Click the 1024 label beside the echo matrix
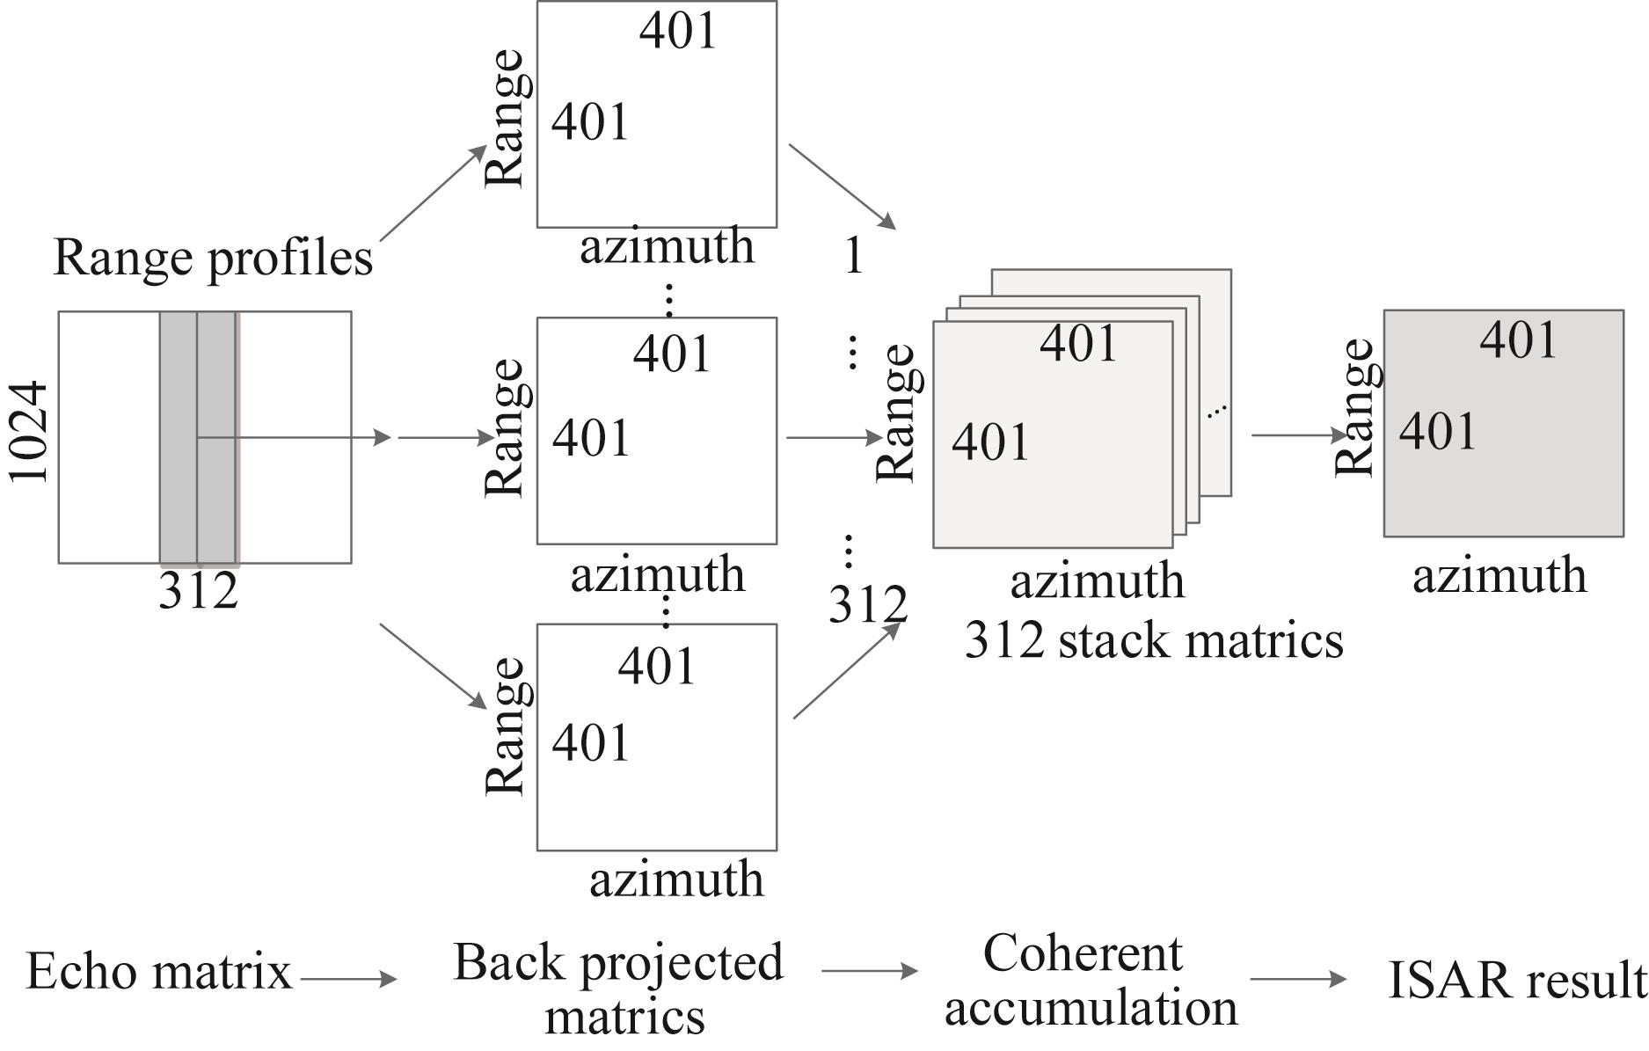[x=28, y=432]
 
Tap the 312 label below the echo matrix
[x=198, y=591]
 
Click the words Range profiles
[x=213, y=258]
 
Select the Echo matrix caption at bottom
[x=158, y=972]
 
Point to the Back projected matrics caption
[x=619, y=988]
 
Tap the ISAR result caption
[x=1514, y=980]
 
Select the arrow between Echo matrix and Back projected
[x=348, y=978]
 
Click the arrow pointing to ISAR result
[x=1298, y=978]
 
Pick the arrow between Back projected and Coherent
[x=869, y=971]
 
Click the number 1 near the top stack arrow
[x=853, y=256]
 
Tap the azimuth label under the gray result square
[x=1499, y=576]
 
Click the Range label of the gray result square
[x=1354, y=407]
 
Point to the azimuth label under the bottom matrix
[x=676, y=879]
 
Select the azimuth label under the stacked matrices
[x=1097, y=581]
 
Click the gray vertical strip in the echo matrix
[x=198, y=437]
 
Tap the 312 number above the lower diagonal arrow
[x=867, y=604]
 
